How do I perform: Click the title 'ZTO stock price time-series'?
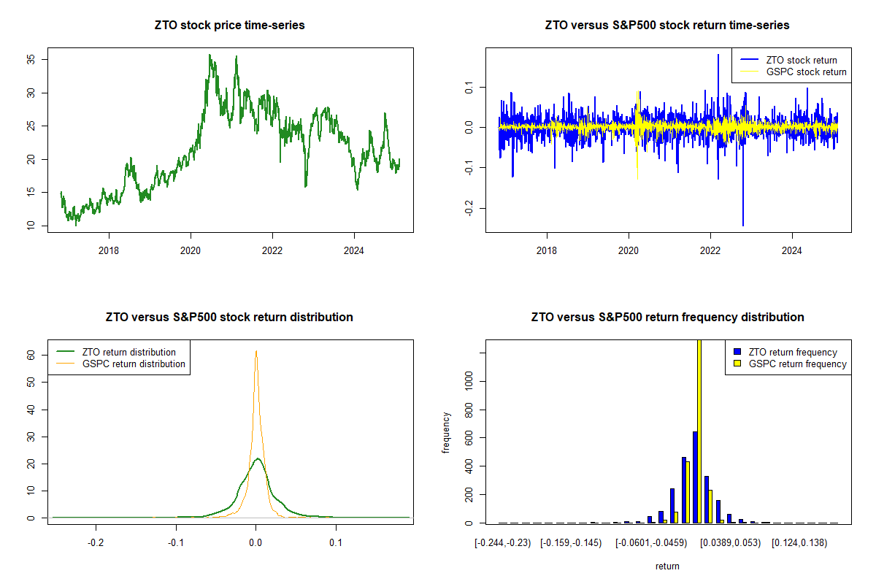pyautogui.click(x=230, y=26)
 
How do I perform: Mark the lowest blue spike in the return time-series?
pyautogui.click(x=743, y=225)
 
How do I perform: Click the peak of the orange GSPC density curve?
pyautogui.click(x=256, y=351)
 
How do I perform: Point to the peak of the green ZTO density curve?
pyautogui.click(x=258, y=459)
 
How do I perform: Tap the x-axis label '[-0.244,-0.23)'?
pyautogui.click(x=504, y=543)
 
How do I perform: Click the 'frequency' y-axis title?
pyautogui.click(x=446, y=431)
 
